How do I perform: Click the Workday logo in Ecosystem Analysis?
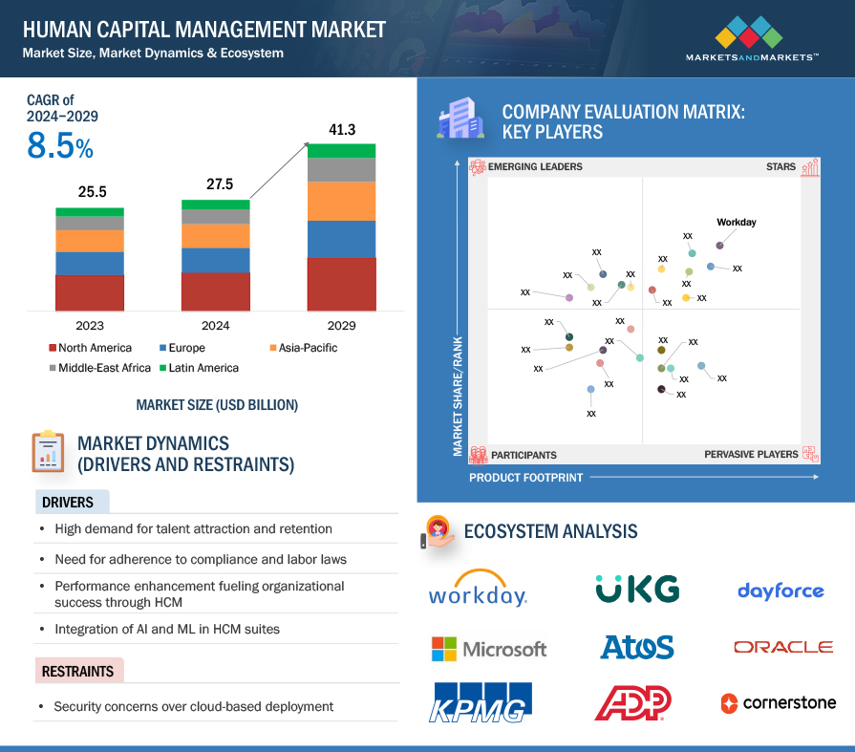pyautogui.click(x=478, y=589)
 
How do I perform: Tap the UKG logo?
pyautogui.click(x=637, y=589)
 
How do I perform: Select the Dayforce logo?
pyautogui.click(x=780, y=591)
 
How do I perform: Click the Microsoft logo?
pyautogui.click(x=489, y=649)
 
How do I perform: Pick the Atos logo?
pyautogui.click(x=636, y=648)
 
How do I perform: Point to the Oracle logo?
pyautogui.click(x=782, y=647)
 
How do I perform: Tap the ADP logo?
pyautogui.click(x=632, y=702)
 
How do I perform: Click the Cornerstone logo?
pyautogui.click(x=778, y=703)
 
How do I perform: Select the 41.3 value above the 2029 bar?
pyautogui.click(x=341, y=130)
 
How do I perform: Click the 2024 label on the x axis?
pyautogui.click(x=215, y=325)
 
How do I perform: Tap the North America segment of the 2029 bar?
pyautogui.click(x=341, y=284)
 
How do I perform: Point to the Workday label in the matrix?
pyautogui.click(x=736, y=223)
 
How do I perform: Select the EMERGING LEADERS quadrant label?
pyautogui.click(x=534, y=167)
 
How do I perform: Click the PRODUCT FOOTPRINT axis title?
pyautogui.click(x=525, y=477)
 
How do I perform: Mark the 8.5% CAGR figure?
pyautogui.click(x=59, y=147)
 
